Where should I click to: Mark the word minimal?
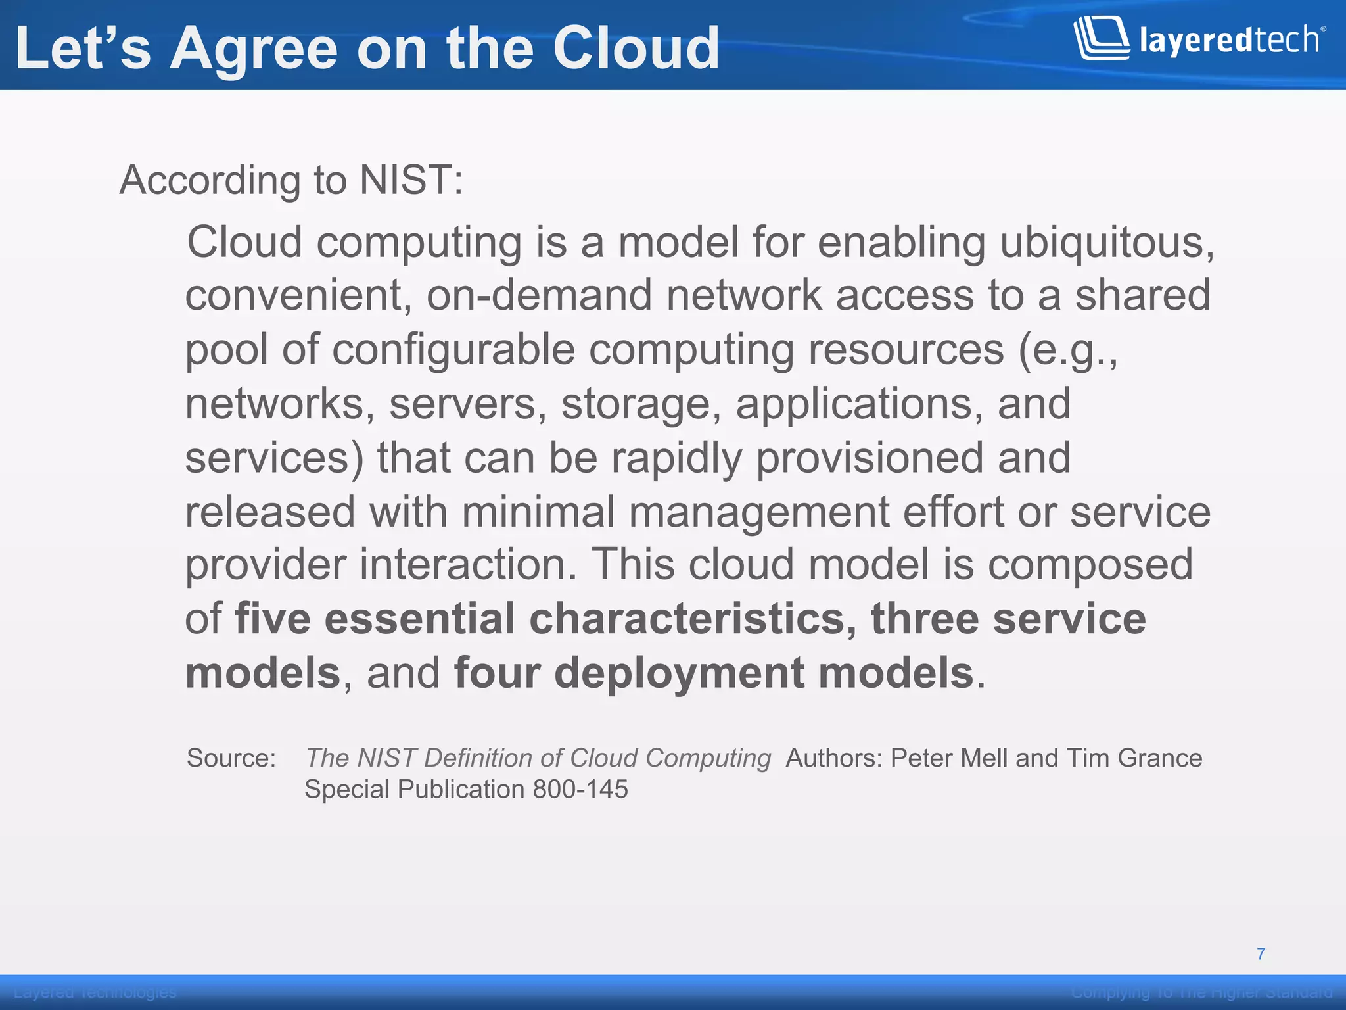click(538, 512)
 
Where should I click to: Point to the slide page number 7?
click(1261, 953)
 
